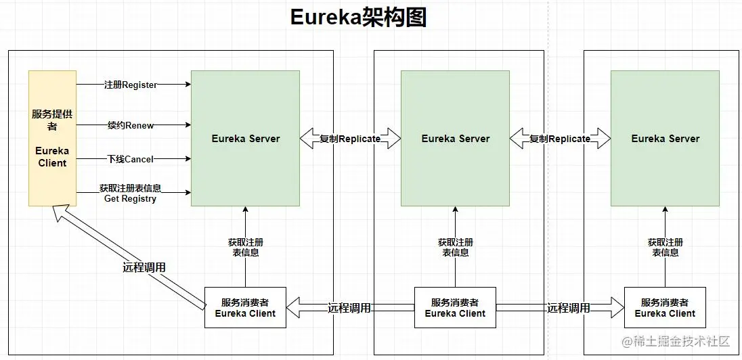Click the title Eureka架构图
click(359, 18)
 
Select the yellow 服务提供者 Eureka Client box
click(52, 138)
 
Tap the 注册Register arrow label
click(131, 85)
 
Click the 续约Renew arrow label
click(131, 125)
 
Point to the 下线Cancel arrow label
click(131, 159)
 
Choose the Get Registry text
click(130, 199)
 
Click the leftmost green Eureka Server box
click(245, 138)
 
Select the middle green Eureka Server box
click(455, 138)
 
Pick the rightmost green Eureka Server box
click(665, 138)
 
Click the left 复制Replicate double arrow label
click(350, 139)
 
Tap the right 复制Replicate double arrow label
click(560, 139)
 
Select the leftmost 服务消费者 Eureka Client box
click(245, 308)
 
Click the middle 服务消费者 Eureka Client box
click(455, 308)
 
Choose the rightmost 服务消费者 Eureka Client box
click(665, 308)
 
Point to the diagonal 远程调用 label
click(144, 267)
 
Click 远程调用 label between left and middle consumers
click(349, 308)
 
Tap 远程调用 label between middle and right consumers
click(569, 308)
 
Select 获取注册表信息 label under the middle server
click(455, 247)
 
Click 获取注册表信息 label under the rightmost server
click(665, 247)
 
